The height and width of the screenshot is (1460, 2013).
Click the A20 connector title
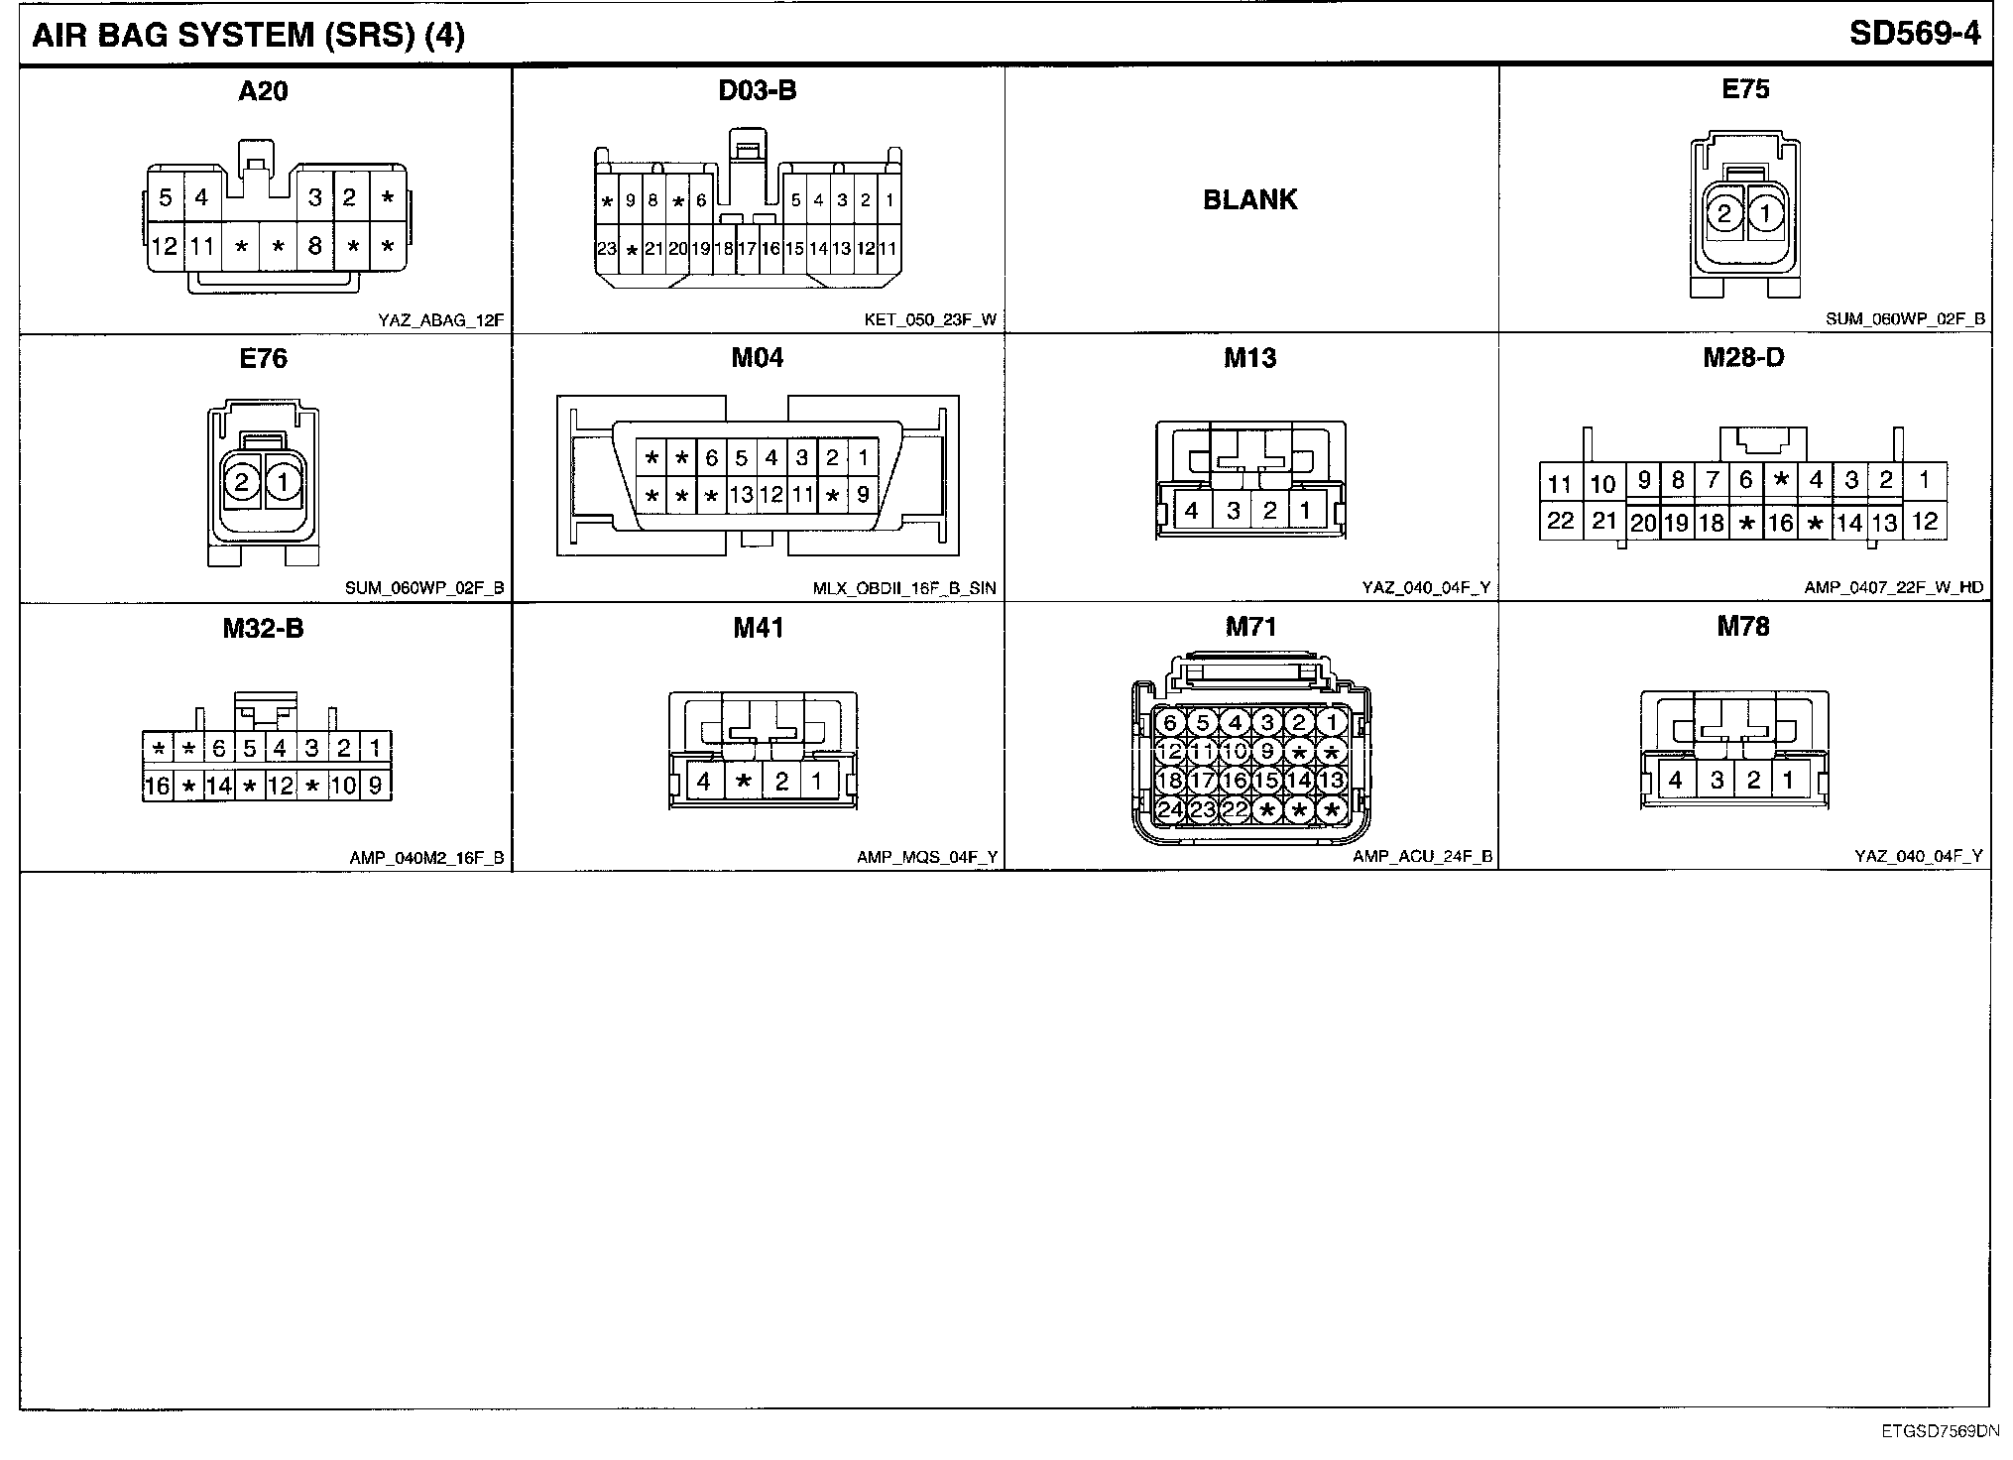263,91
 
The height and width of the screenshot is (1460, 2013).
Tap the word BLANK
1249,199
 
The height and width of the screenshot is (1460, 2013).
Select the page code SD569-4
1914,34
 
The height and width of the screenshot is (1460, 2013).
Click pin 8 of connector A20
314,245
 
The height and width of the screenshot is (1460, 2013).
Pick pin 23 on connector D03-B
607,249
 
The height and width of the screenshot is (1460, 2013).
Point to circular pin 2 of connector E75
1725,213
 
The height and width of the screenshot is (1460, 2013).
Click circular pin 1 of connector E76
283,483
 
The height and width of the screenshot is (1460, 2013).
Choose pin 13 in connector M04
741,494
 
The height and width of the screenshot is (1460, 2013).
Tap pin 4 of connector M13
1192,511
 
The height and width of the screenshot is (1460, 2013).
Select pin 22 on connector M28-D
1560,521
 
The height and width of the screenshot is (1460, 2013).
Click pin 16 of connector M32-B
157,787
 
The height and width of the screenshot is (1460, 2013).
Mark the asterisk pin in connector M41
743,781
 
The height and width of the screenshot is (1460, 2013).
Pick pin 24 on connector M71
1170,810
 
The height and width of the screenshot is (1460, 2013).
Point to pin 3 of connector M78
1717,781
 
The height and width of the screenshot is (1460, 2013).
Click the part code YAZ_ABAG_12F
441,320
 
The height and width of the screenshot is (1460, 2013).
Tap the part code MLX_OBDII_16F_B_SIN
903,588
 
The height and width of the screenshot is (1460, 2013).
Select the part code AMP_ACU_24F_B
1422,857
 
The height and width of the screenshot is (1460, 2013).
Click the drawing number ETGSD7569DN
1941,1431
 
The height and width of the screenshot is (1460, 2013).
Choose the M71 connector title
1250,627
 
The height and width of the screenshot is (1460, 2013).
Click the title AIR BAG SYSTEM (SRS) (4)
248,36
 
